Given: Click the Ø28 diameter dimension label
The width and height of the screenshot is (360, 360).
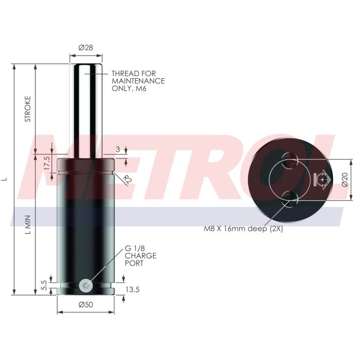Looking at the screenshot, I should (85, 47).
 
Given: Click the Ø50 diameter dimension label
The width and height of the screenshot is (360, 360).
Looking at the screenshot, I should (85, 305).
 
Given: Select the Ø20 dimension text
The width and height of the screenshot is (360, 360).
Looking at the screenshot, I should (345, 179).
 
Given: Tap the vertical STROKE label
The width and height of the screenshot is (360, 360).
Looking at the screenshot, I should (28, 109).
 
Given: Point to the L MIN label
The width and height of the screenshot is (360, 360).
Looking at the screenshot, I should (28, 224).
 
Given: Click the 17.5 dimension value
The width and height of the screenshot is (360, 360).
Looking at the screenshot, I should (47, 163).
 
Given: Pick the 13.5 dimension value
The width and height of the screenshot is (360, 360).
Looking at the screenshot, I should (133, 290).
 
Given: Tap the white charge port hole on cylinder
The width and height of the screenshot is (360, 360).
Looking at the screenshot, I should (86, 284).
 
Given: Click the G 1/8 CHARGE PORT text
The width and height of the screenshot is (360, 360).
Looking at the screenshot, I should (140, 256).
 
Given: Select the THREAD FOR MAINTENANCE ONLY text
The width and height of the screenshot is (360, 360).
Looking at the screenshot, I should (138, 81).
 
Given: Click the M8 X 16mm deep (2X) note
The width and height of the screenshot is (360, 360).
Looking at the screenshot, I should (243, 229).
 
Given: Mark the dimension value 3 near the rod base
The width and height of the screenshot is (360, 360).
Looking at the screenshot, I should (118, 150).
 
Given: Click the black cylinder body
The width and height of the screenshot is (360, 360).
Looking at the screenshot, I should (86, 226).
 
